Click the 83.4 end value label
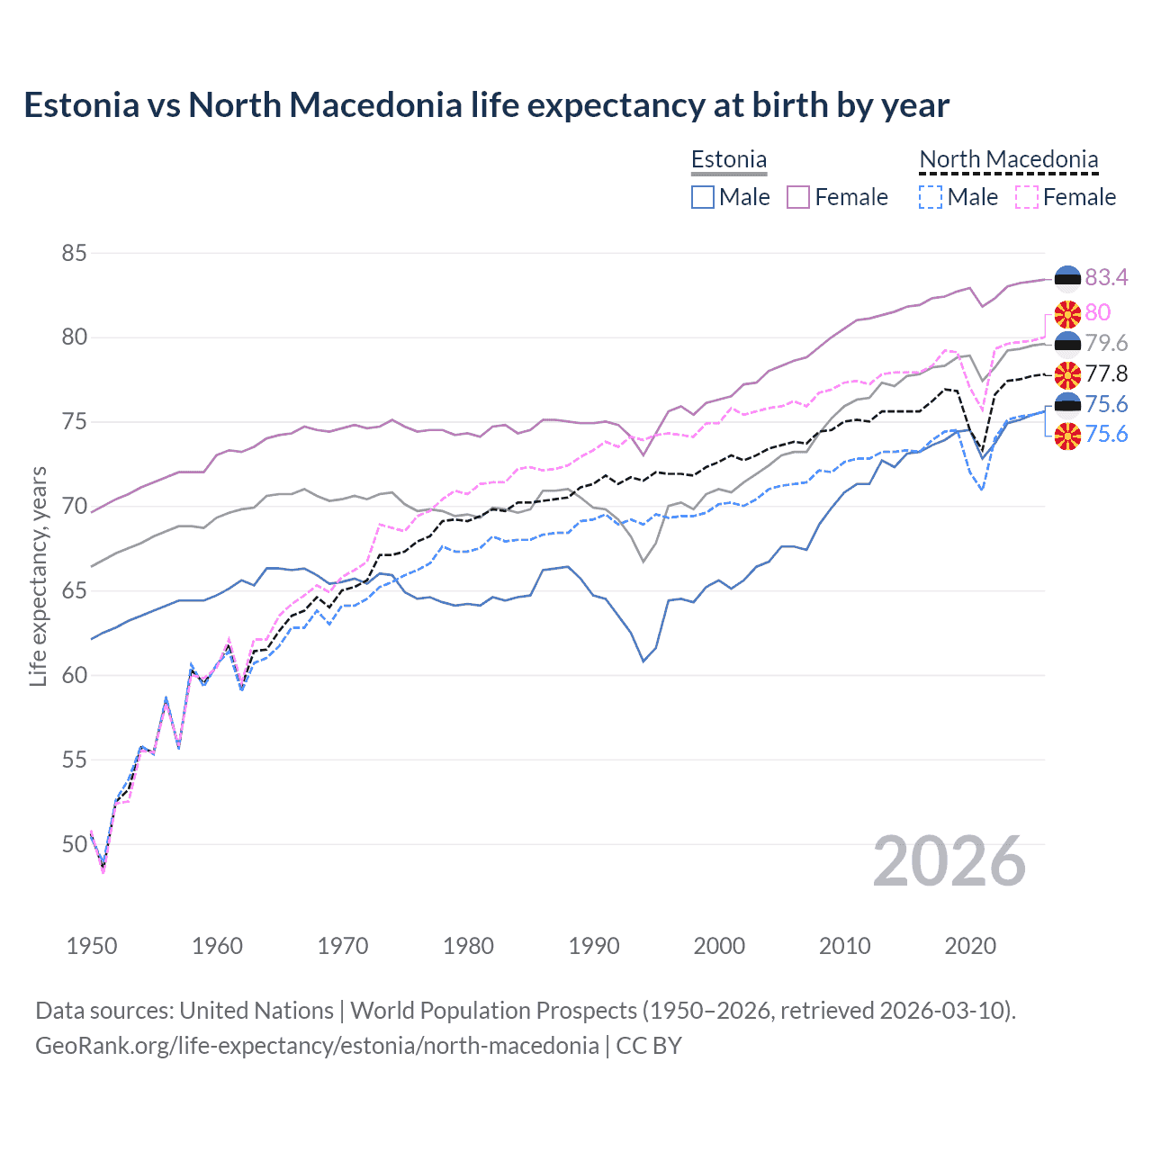pyautogui.click(x=1106, y=277)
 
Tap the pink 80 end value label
pyautogui.click(x=1097, y=312)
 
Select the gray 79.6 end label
pyautogui.click(x=1106, y=343)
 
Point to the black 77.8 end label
pyautogui.click(x=1106, y=373)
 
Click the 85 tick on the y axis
pyautogui.click(x=74, y=253)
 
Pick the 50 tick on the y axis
pyautogui.click(x=74, y=844)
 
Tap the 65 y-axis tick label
pyautogui.click(x=74, y=591)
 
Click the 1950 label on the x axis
pyautogui.click(x=92, y=946)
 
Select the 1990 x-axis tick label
pyautogui.click(x=594, y=946)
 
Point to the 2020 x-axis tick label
pyautogui.click(x=970, y=946)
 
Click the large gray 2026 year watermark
pyautogui.click(x=949, y=861)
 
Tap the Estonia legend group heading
pyautogui.click(x=729, y=159)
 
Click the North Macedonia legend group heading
pyautogui.click(x=1008, y=159)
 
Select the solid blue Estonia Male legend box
pyautogui.click(x=703, y=197)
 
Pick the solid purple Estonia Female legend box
pyautogui.click(x=798, y=197)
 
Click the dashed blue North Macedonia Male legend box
pyautogui.click(x=931, y=197)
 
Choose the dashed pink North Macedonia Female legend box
pyautogui.click(x=1027, y=197)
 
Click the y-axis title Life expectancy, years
pyautogui.click(x=38, y=576)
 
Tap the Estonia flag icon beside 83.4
pyautogui.click(x=1067, y=277)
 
